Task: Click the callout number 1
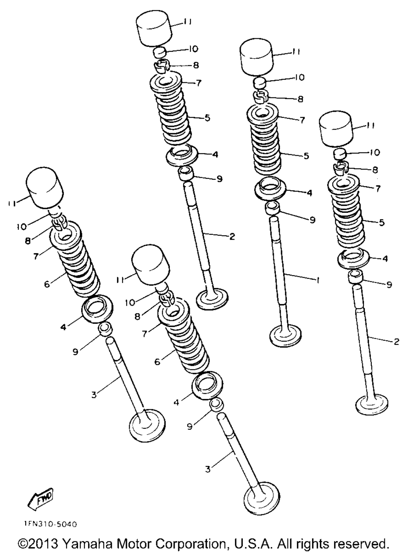point(318,280)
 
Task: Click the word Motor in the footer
point(137,544)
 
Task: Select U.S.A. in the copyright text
point(253,544)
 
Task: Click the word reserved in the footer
point(355,544)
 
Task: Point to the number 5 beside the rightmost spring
point(382,222)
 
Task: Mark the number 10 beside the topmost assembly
point(193,49)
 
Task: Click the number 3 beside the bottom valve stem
point(208,469)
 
